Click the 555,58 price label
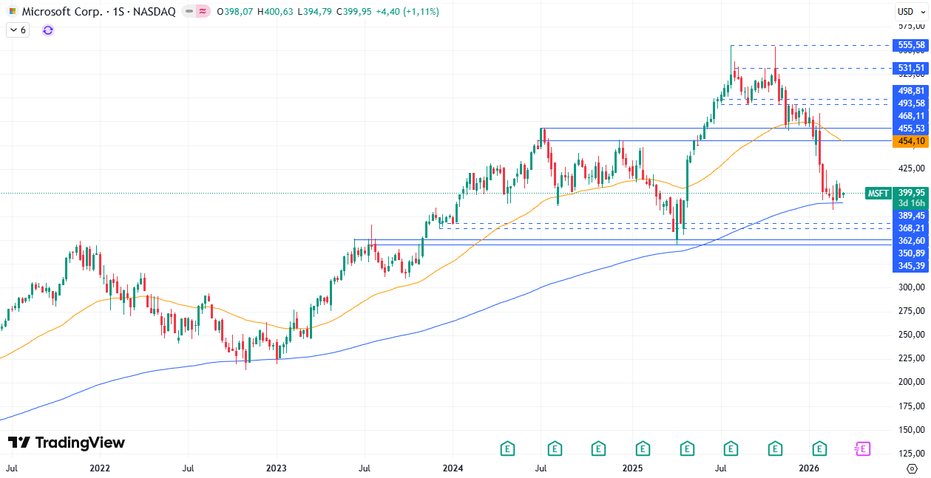[911, 45]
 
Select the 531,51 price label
[911, 68]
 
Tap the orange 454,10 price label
[911, 141]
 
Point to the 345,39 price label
[911, 265]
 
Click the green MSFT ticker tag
[878, 194]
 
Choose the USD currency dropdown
[906, 11]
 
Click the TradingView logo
[67, 443]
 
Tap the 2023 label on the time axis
[276, 468]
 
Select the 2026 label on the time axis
[810, 468]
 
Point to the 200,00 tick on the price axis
[911, 382]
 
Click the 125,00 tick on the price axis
[911, 454]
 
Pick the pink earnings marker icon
[862, 448]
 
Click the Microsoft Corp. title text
[62, 12]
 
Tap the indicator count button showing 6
[18, 30]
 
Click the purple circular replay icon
[48, 30]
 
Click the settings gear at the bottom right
[912, 468]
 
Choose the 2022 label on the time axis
[99, 468]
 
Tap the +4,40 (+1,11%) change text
[407, 12]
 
